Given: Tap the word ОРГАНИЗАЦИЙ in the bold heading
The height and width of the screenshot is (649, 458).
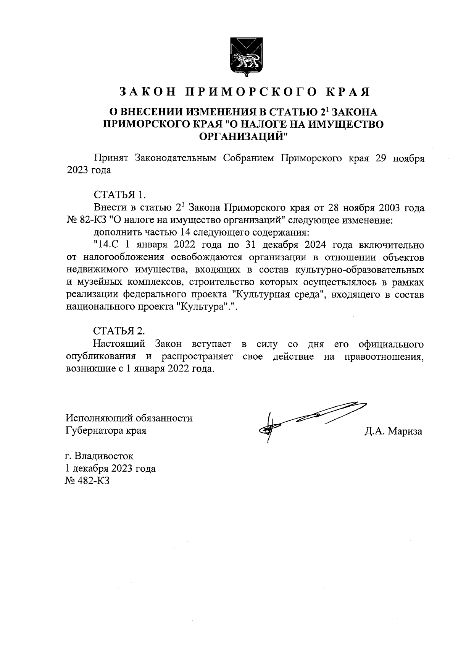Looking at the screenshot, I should (x=244, y=135).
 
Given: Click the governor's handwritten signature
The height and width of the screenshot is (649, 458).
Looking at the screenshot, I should (x=305, y=419).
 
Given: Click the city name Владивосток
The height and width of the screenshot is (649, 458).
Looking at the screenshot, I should (x=104, y=456).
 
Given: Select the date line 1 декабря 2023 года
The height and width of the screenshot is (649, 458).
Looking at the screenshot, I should (x=111, y=469).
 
